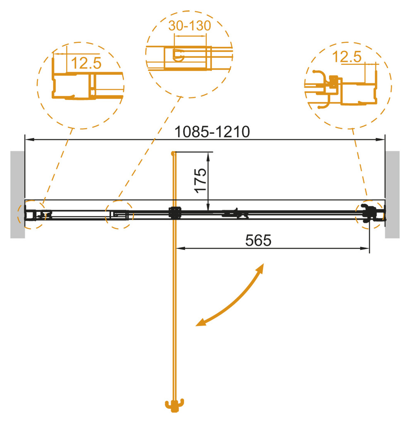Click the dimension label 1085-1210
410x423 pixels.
tap(212, 132)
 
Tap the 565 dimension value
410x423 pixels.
tap(258, 240)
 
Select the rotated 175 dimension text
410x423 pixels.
tap(200, 181)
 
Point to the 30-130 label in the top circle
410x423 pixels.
tap(189, 26)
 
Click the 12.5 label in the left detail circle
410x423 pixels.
tap(86, 63)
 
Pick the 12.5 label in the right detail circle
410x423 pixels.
tap(347, 57)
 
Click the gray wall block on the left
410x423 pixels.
tap(17, 195)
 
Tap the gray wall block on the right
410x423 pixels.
tap(392, 195)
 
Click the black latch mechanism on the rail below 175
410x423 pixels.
tap(235, 213)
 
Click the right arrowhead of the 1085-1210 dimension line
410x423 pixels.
tap(381, 140)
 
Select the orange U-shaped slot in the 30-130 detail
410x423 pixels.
tap(179, 55)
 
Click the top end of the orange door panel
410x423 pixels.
tap(173, 153)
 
